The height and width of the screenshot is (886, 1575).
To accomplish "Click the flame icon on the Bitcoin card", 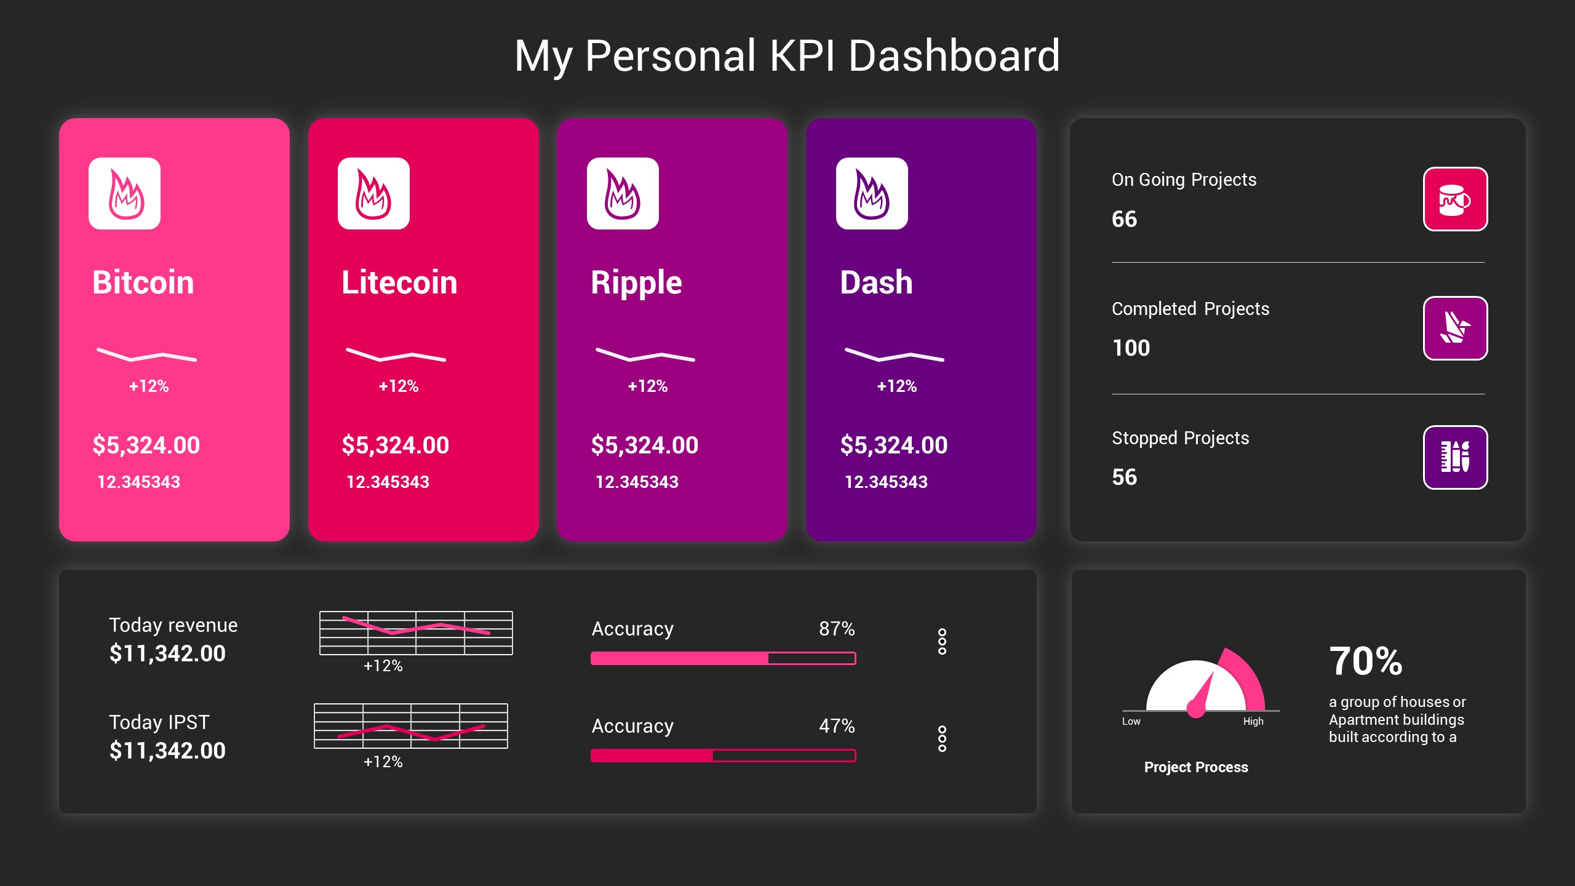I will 125,194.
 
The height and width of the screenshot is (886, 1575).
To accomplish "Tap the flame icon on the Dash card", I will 872,194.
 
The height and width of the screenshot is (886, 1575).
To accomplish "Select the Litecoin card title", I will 399,282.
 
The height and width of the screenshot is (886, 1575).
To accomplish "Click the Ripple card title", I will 636,282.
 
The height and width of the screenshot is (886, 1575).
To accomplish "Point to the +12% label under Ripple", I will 647,386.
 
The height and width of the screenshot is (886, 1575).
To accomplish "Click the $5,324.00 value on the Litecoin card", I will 395,445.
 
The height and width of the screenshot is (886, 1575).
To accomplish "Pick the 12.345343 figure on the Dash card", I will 886,482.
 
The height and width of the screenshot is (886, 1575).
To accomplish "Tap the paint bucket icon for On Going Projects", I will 1455,199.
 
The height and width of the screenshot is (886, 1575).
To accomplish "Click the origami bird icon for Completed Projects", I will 1455,329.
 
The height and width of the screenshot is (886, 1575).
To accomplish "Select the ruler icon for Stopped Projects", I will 1455,457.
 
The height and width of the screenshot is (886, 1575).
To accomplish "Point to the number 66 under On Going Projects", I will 1124,219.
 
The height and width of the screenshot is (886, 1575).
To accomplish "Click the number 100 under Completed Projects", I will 1131,348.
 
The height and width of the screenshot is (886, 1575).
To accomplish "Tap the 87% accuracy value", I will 837,629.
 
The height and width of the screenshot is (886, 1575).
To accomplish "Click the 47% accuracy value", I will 837,726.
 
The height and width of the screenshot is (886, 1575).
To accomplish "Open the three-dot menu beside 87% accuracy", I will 942,642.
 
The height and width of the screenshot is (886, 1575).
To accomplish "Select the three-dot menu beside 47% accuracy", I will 942,739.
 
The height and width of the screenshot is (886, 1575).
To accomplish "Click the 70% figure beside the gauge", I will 1365,661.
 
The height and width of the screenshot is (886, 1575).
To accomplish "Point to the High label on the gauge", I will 1253,721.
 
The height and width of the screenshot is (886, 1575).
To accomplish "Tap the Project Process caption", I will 1196,767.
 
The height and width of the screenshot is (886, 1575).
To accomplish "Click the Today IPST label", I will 159,722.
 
